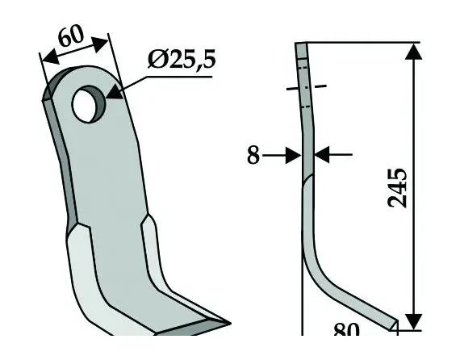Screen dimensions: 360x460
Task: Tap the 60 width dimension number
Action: [x=72, y=39]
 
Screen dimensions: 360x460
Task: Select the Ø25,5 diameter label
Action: [x=182, y=60]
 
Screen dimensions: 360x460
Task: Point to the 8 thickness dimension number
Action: [x=253, y=155]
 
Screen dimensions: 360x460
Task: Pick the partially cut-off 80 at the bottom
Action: [x=346, y=330]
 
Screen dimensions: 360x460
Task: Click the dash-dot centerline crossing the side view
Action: [x=307, y=88]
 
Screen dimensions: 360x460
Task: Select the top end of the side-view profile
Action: [x=302, y=46]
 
